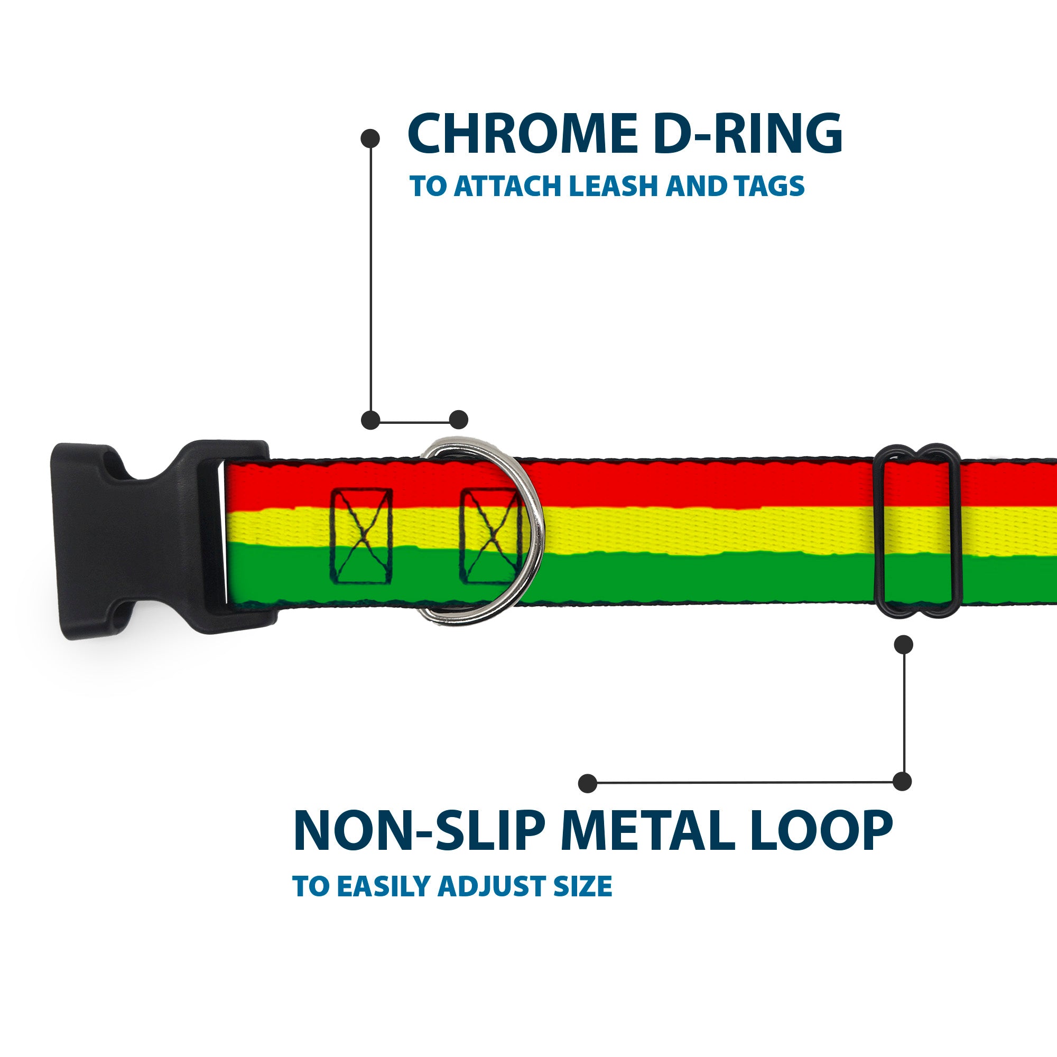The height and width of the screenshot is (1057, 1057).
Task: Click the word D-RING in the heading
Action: (x=747, y=134)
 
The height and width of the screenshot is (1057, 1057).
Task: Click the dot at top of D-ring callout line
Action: (x=370, y=138)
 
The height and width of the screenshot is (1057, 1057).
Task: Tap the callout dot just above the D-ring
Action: (x=458, y=420)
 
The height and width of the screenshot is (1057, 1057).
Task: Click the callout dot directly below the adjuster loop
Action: (x=903, y=644)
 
